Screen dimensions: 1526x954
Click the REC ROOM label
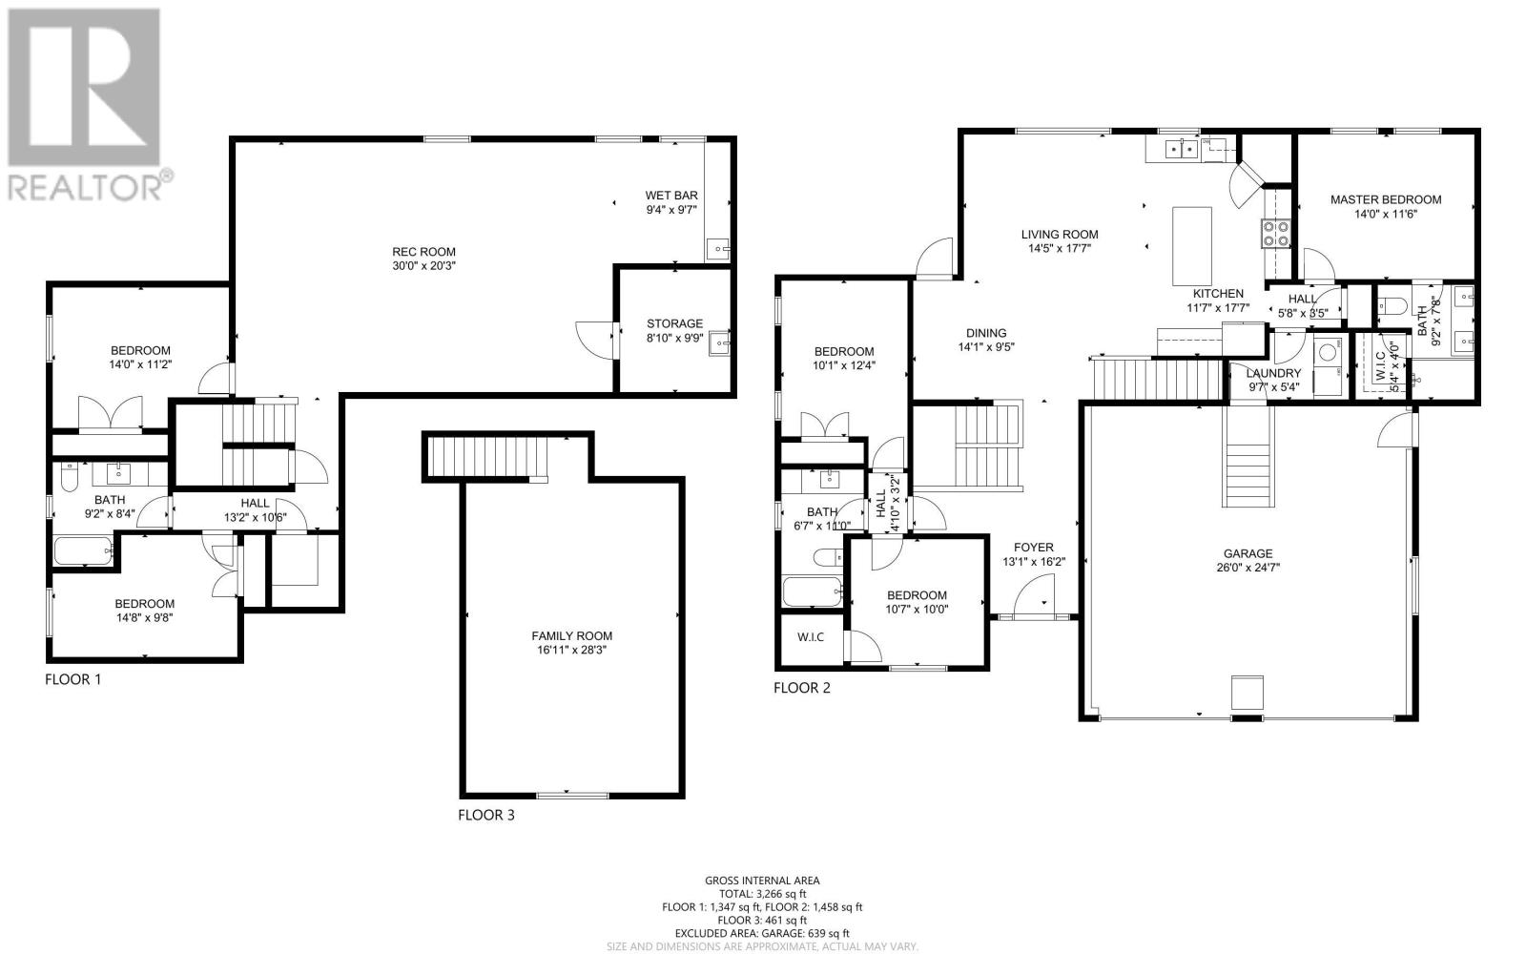click(423, 252)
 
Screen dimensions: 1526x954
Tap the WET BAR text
click(671, 196)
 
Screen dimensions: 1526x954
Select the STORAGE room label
click(674, 323)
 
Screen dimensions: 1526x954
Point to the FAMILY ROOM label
click(571, 635)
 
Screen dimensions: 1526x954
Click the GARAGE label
click(1248, 554)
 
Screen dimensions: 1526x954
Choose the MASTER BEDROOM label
click(1386, 199)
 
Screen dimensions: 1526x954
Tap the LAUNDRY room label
click(1273, 373)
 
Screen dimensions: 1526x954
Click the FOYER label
click(1034, 548)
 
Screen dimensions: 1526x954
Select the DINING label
click(986, 333)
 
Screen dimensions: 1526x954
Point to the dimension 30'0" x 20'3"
click(423, 266)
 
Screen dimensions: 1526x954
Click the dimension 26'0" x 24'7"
click(1248, 568)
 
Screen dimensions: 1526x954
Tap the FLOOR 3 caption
click(485, 815)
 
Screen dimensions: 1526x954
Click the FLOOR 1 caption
click(72, 679)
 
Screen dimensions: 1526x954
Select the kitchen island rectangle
click(1191, 246)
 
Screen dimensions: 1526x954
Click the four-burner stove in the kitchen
click(1275, 233)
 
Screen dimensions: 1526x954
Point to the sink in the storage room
click(719, 343)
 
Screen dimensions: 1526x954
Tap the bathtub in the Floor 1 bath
click(83, 551)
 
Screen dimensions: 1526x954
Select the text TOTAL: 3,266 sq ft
click(762, 893)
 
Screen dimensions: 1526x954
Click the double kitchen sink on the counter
click(1182, 149)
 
